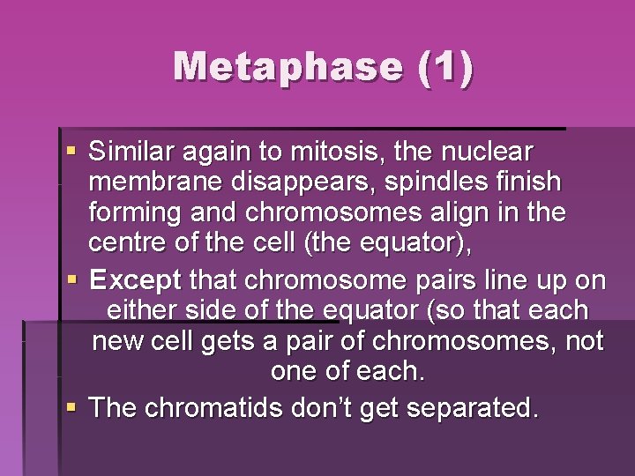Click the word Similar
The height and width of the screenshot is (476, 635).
(133, 152)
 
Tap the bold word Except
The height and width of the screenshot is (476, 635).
(136, 281)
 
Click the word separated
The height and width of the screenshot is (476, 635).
(472, 408)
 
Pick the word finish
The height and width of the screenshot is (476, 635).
(528, 182)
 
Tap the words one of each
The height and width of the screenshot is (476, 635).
(347, 371)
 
